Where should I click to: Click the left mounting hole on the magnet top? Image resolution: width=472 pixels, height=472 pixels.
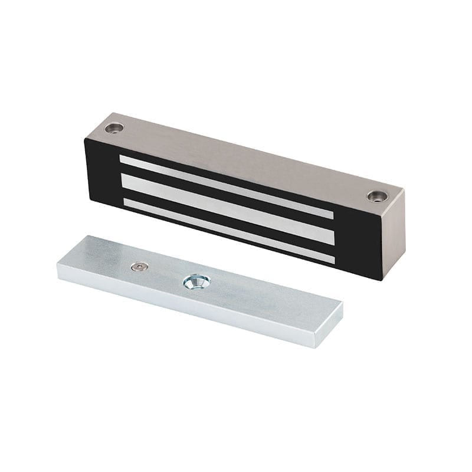coord(114,128)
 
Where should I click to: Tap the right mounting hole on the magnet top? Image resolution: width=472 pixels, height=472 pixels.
coord(375,196)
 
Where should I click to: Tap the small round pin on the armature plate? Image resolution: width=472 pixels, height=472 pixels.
coord(137,267)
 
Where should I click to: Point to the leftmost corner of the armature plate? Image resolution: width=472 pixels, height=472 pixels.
coord(58,268)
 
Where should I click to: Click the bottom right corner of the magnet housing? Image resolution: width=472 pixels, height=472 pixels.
coord(385,278)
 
